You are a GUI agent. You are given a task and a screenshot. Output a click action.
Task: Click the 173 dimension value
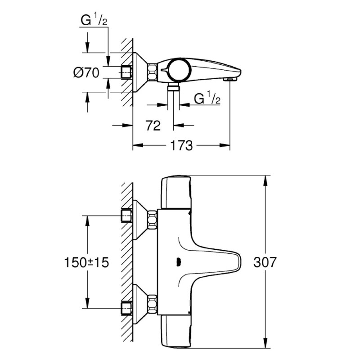[182, 146]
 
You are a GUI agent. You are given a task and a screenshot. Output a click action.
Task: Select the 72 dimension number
[153, 126]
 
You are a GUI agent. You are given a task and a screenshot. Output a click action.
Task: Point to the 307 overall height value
[264, 262]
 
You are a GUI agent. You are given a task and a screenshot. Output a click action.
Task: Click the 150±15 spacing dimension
[87, 262]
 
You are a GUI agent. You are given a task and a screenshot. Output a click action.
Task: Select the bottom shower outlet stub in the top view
[172, 88]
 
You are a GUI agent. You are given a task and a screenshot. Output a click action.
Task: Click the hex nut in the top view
[153, 72]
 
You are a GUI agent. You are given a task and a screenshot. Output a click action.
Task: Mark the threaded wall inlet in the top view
[127, 72]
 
